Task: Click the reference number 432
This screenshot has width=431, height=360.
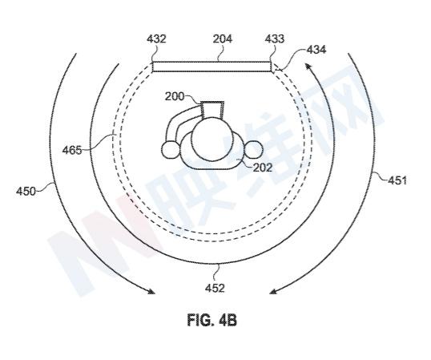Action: click(x=156, y=38)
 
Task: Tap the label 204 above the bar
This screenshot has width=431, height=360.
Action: click(x=223, y=38)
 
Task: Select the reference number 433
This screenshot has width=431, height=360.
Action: click(x=275, y=38)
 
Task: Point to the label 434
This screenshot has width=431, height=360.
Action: click(x=316, y=50)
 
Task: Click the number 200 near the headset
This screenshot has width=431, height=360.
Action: click(x=175, y=96)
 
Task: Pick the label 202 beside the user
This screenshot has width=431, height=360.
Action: click(x=263, y=168)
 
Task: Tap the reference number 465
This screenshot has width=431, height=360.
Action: click(x=72, y=151)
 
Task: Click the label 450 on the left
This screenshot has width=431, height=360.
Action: click(x=26, y=191)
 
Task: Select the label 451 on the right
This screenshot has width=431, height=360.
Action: click(x=397, y=180)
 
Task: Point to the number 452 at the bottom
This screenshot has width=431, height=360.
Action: click(x=215, y=288)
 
